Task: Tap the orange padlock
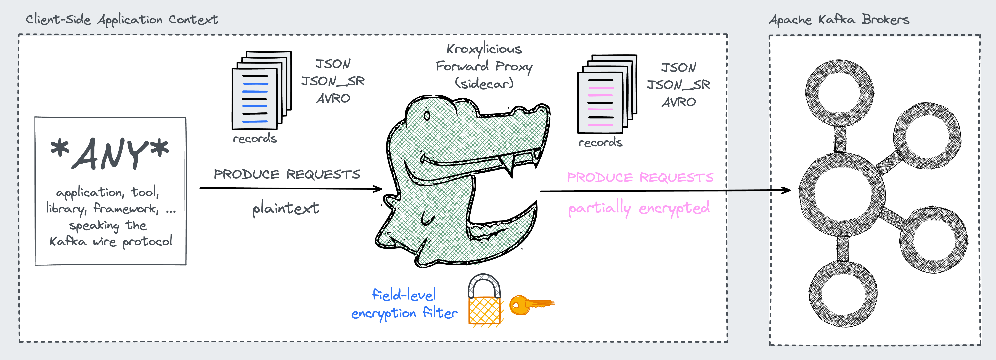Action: [484, 302]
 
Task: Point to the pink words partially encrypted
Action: [639, 208]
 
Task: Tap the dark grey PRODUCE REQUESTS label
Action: [287, 174]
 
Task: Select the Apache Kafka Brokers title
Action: [839, 19]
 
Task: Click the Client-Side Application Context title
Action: [122, 19]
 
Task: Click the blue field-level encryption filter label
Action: [404, 304]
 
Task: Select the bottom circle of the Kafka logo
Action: [843, 294]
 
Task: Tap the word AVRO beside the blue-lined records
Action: [333, 99]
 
